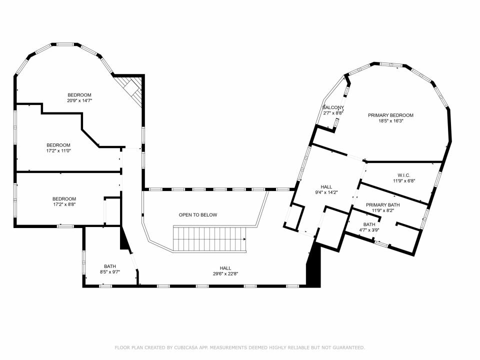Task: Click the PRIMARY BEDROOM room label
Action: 390,115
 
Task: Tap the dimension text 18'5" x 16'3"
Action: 391,121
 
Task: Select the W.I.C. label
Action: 404,175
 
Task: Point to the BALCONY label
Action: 333,107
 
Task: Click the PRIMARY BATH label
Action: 383,205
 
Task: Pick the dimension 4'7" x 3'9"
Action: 369,230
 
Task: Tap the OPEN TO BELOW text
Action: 198,215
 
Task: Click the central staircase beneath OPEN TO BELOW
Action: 210,239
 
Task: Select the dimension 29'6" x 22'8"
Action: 225,274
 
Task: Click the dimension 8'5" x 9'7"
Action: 110,272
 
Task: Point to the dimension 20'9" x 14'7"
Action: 79,100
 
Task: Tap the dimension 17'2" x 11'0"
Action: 58,150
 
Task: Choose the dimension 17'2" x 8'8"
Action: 64,204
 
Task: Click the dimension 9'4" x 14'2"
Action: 326,192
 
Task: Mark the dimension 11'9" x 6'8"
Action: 404,181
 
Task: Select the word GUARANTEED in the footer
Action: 348,347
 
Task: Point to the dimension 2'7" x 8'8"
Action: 333,113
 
